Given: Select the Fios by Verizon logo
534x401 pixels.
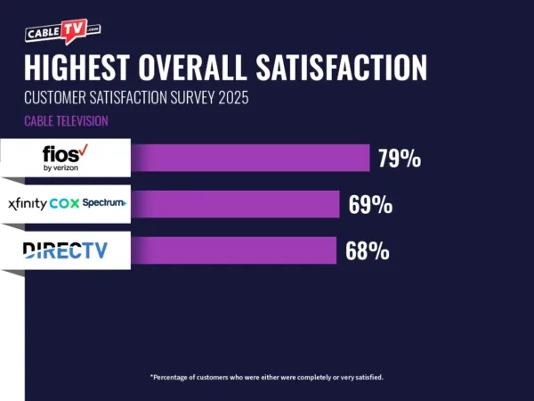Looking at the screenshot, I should [x=65, y=158].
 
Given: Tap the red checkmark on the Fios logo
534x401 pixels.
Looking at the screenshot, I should [x=83, y=150].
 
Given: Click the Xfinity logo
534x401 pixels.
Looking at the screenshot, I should [x=27, y=203].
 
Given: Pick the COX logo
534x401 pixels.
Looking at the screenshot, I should [x=64, y=203].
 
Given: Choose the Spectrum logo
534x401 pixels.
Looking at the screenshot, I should [x=104, y=203].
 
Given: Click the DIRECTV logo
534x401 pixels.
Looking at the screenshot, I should [x=64, y=250].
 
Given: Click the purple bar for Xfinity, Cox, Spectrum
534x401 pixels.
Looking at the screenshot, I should [x=235, y=204].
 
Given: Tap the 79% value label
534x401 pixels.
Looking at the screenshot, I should [x=400, y=159].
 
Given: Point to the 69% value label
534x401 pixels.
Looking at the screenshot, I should [x=370, y=205].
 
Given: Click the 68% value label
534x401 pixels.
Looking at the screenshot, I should [x=367, y=251].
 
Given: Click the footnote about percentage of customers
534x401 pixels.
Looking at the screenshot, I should [x=266, y=377].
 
